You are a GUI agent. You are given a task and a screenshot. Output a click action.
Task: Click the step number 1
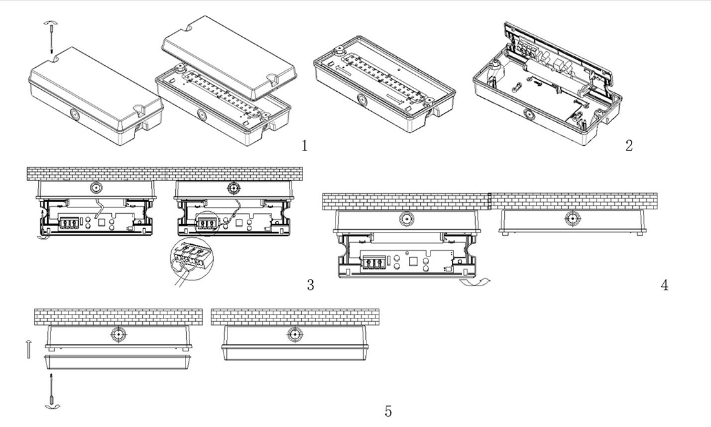coord(304,146)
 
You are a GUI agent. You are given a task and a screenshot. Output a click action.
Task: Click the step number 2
coord(629,145)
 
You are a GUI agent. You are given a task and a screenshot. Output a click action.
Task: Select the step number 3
coord(310,284)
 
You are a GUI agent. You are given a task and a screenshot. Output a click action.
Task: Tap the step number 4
coord(664,284)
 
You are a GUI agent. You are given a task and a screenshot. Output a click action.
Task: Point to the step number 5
coord(388,411)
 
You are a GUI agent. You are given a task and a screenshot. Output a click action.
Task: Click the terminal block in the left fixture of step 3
coord(68,224)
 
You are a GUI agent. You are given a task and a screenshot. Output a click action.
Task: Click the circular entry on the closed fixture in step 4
coord(571,218)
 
